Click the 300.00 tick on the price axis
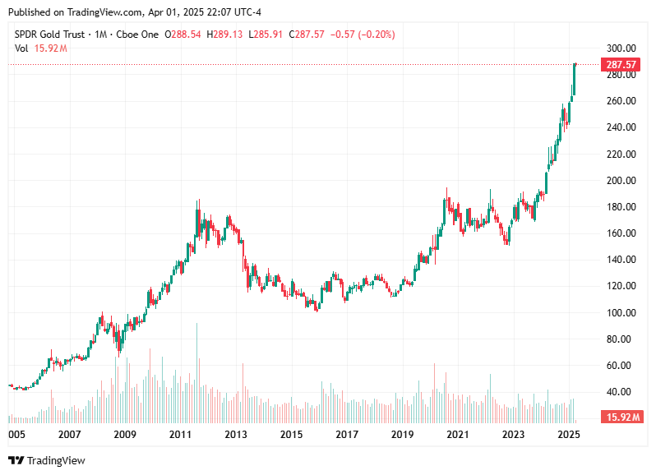(x=621, y=48)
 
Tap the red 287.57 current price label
(x=621, y=64)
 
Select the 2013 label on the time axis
(x=237, y=433)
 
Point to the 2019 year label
(x=402, y=433)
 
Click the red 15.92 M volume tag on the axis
(x=621, y=417)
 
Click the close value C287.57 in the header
(x=312, y=35)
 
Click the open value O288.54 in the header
(x=183, y=35)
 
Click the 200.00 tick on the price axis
(x=621, y=180)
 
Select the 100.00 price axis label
(x=621, y=312)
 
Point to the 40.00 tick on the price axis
(x=621, y=391)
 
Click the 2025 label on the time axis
(x=568, y=433)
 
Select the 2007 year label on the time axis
(x=70, y=433)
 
